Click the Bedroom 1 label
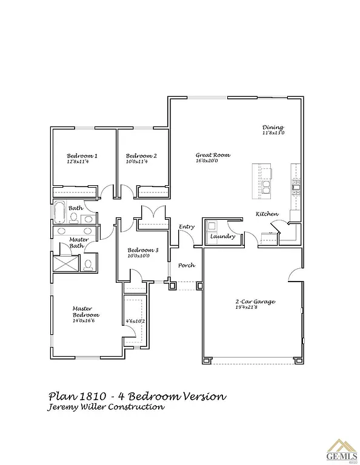point(82,156)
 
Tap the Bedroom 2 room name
point(141,156)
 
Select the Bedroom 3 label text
point(142,250)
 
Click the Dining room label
point(273,127)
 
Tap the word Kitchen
point(267,214)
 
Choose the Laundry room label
point(222,236)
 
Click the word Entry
point(187,226)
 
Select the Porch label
point(186,265)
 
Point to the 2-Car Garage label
point(255,301)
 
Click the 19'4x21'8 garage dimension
point(255,308)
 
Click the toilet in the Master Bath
point(87,264)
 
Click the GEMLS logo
point(341,451)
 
